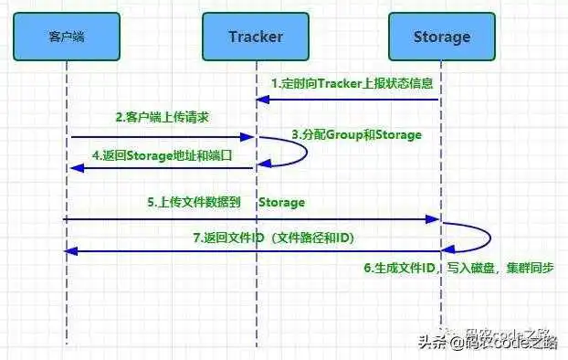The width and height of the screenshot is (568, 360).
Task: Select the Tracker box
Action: (x=256, y=37)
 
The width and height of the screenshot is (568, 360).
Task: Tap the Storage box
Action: (x=442, y=37)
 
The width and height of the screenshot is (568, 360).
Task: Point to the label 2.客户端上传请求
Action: (x=163, y=118)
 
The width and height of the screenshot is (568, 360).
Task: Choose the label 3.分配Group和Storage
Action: (x=356, y=134)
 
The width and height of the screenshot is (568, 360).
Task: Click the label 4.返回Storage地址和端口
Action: (x=163, y=155)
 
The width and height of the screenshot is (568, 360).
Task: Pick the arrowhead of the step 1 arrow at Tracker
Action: (x=261, y=100)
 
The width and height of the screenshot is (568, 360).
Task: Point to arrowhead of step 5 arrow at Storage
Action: (x=436, y=219)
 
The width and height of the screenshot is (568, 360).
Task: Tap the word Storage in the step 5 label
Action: (x=281, y=202)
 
